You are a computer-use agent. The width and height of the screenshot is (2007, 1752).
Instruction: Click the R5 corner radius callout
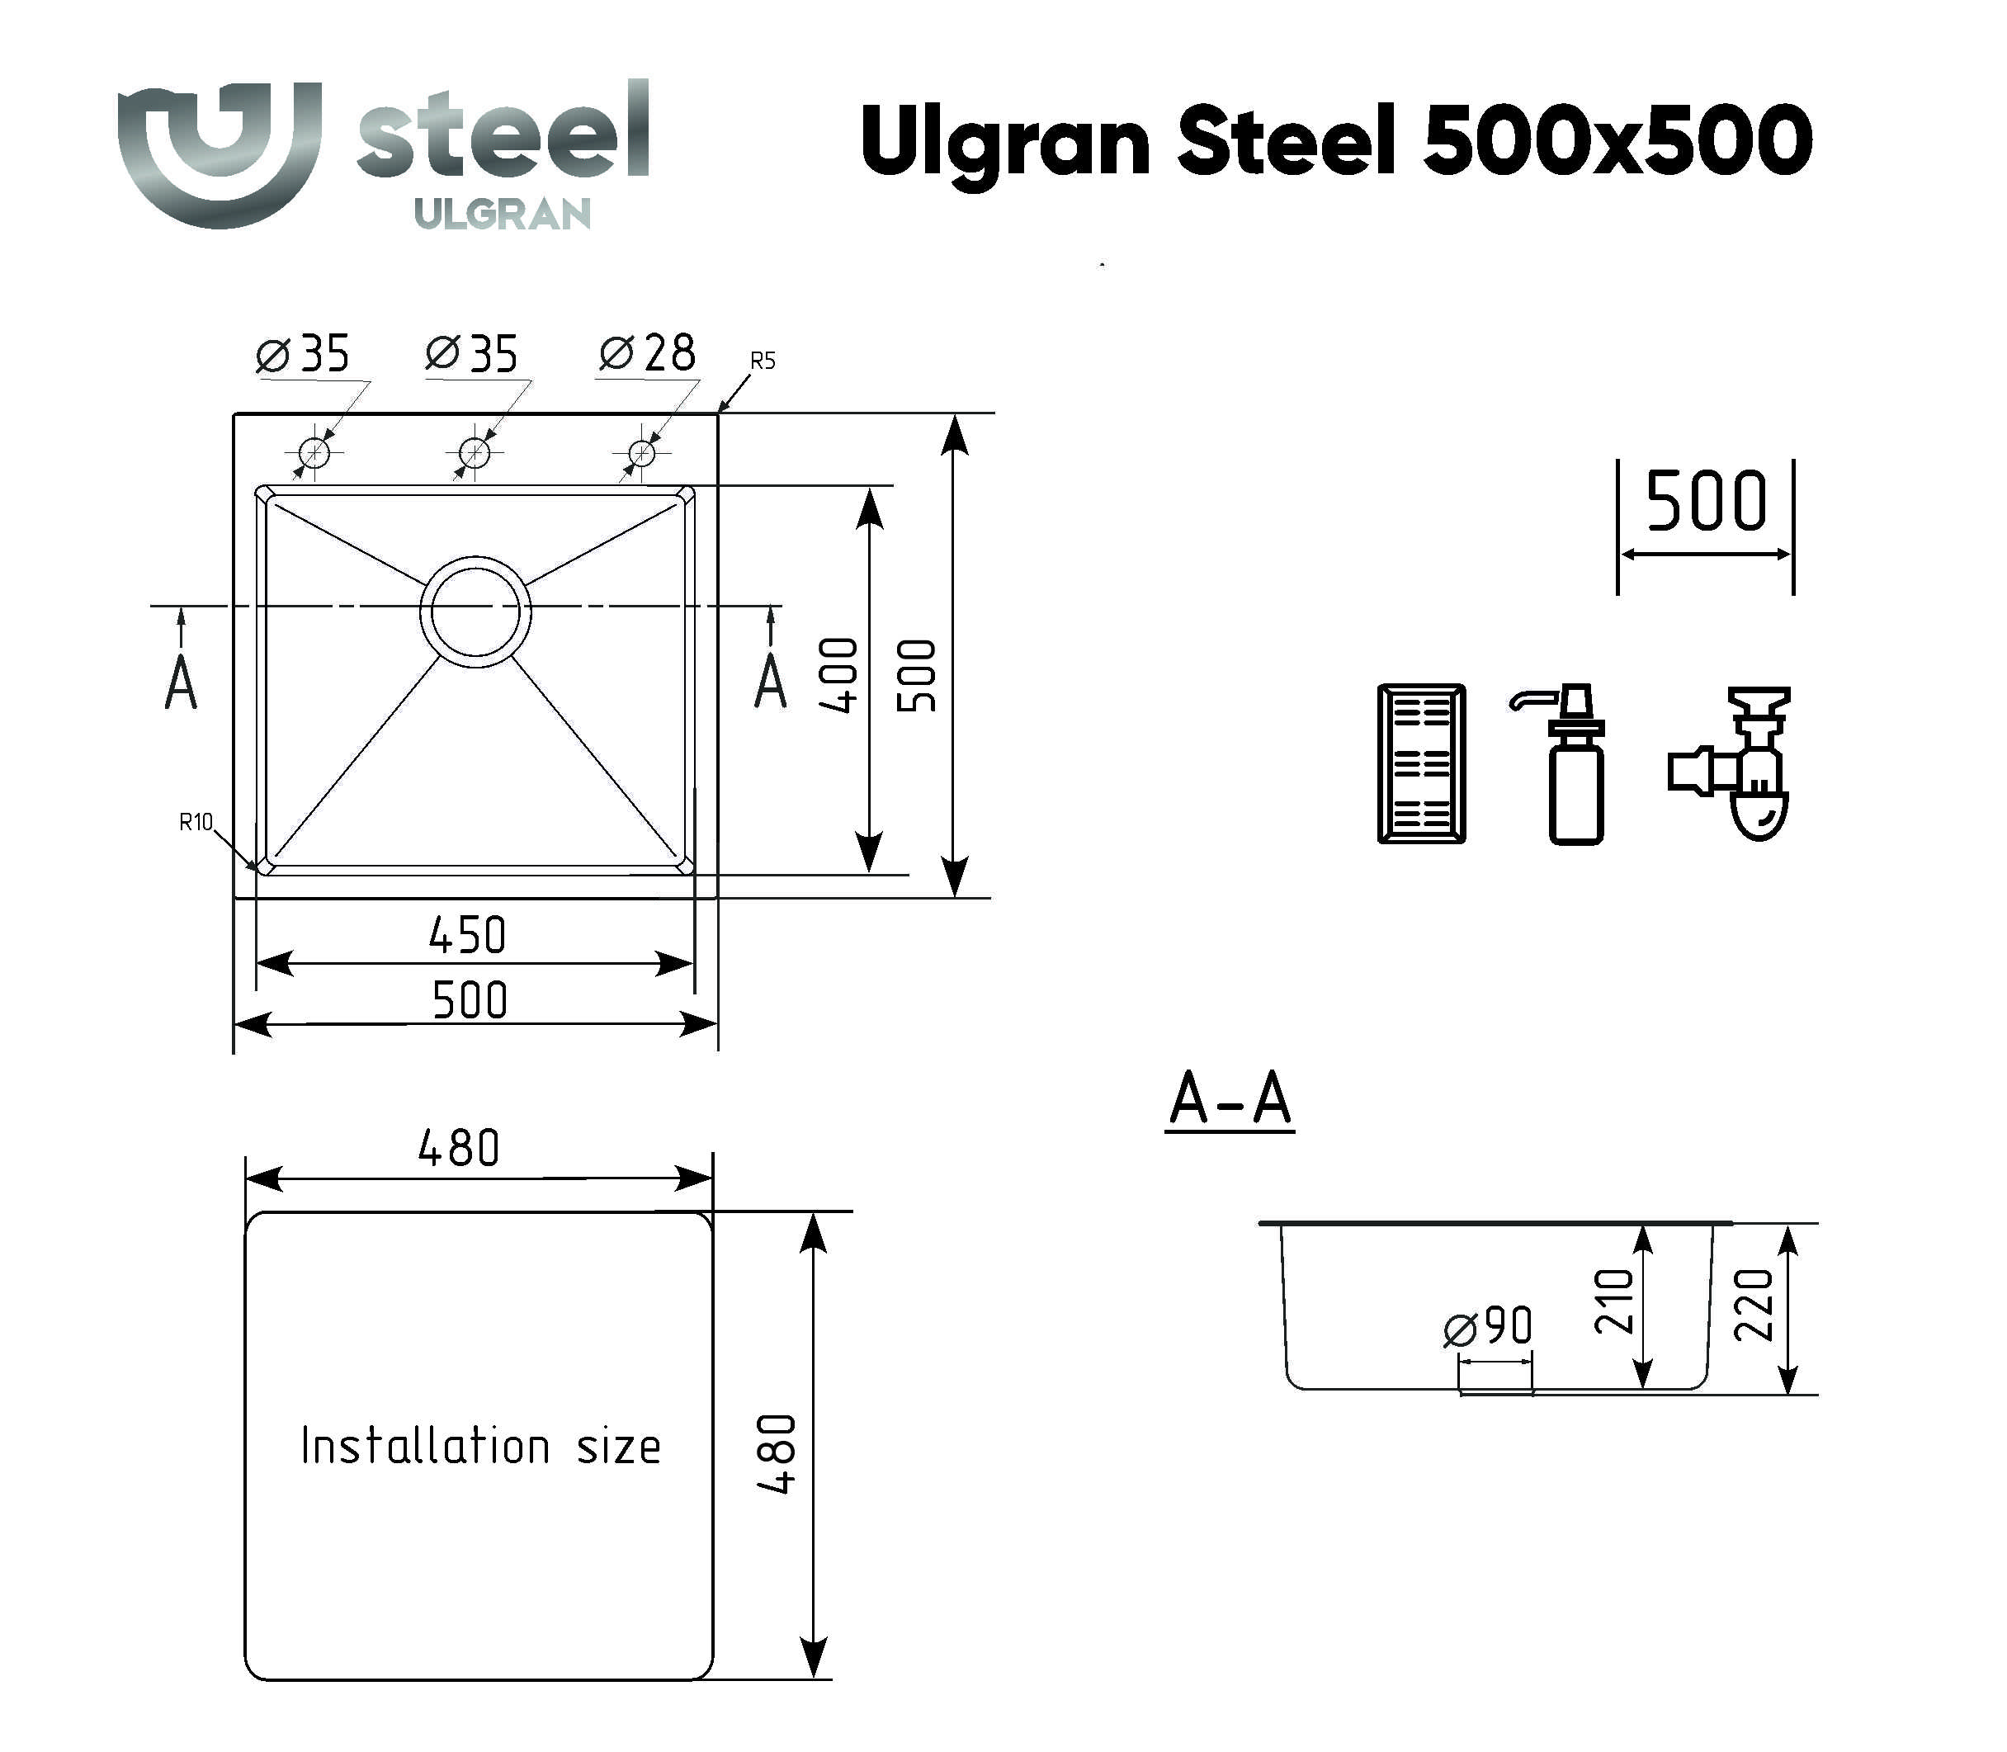[x=762, y=361]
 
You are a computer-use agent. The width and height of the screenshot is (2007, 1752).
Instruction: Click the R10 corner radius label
[x=196, y=822]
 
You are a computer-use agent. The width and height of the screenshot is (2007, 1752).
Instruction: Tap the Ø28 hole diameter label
[x=646, y=353]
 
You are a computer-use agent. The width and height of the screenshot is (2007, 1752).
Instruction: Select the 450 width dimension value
[x=467, y=936]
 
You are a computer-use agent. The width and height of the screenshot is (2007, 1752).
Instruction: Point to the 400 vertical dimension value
[x=838, y=674]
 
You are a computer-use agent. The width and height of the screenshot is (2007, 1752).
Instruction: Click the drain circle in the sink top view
[x=475, y=612]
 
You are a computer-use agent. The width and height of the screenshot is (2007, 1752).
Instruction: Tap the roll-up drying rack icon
[x=1420, y=763]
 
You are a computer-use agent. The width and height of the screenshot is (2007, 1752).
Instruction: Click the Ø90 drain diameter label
[x=1488, y=1328]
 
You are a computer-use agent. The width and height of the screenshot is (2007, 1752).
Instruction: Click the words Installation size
[x=480, y=1446]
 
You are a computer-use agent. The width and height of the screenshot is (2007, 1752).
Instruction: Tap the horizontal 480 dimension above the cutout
[x=459, y=1148]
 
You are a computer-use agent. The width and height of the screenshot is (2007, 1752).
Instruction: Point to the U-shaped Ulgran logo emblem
[x=219, y=152]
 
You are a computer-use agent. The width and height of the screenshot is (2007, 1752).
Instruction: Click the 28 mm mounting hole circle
[x=641, y=453]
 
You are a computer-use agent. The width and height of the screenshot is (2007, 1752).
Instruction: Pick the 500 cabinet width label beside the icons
[x=1706, y=502]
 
